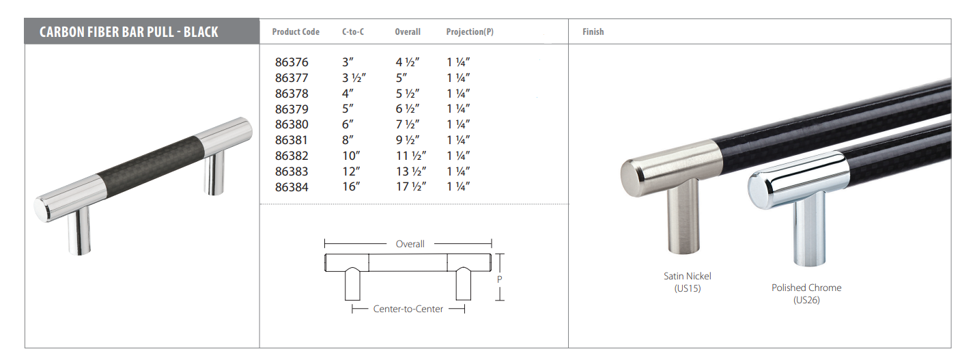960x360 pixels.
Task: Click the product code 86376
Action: (292, 62)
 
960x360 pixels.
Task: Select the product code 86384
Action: (292, 187)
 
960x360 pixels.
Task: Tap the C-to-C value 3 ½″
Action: (354, 78)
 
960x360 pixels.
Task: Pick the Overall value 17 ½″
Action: (410, 187)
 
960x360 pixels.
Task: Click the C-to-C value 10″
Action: (351, 156)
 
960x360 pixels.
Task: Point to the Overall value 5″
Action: (401, 78)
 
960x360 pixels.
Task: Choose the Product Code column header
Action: (296, 31)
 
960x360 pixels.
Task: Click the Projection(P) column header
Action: (470, 31)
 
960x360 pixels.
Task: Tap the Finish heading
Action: (593, 31)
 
